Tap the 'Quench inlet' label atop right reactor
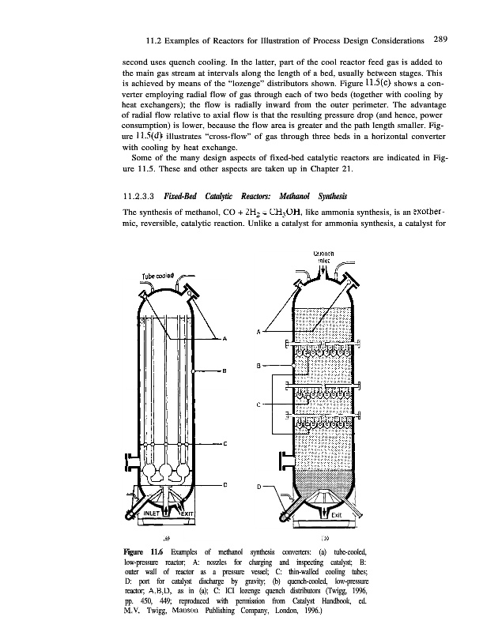click(x=324, y=257)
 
